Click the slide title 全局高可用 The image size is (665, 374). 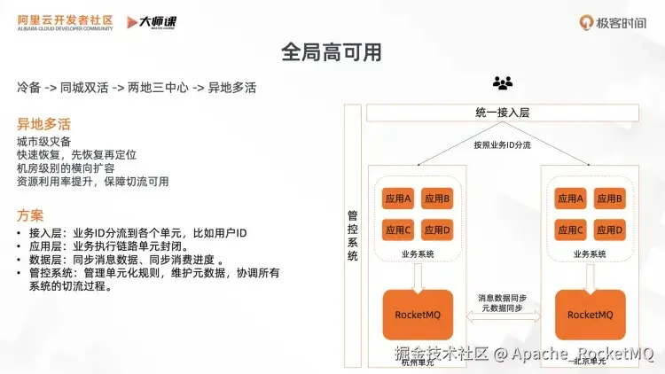coord(332,52)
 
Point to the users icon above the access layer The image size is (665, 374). coord(503,84)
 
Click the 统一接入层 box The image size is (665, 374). coord(502,113)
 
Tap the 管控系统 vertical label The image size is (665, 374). coord(353,235)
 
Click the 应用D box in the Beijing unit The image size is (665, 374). coord(610,230)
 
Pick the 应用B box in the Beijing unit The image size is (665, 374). coord(610,199)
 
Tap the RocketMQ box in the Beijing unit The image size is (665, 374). coord(591,315)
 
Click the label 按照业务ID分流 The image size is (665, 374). coord(502,144)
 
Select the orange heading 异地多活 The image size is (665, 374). coord(43,123)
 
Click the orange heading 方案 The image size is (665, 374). coord(29,215)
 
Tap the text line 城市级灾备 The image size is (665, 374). coord(44,142)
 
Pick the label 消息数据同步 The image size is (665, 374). coord(503,298)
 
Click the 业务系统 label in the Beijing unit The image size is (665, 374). coord(590,253)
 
